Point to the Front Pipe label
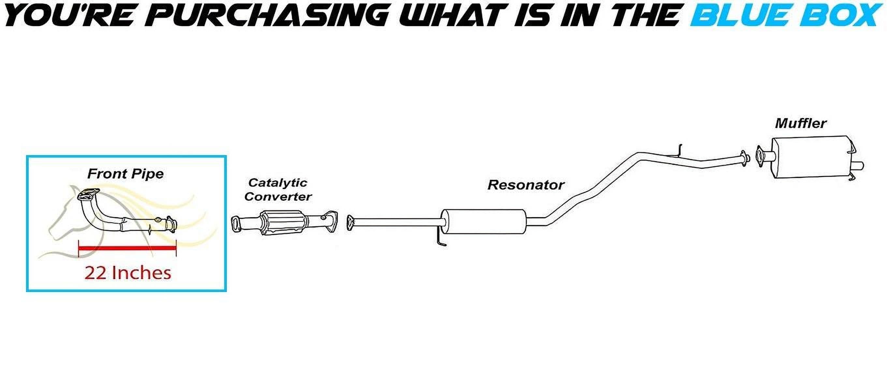(x=125, y=174)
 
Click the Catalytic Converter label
(x=278, y=189)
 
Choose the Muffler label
(x=801, y=123)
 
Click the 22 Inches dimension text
(x=128, y=272)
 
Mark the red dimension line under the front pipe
(x=127, y=248)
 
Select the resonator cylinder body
(x=484, y=222)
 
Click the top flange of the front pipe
(x=88, y=194)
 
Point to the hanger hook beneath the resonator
(x=441, y=240)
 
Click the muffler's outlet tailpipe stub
(x=859, y=166)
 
